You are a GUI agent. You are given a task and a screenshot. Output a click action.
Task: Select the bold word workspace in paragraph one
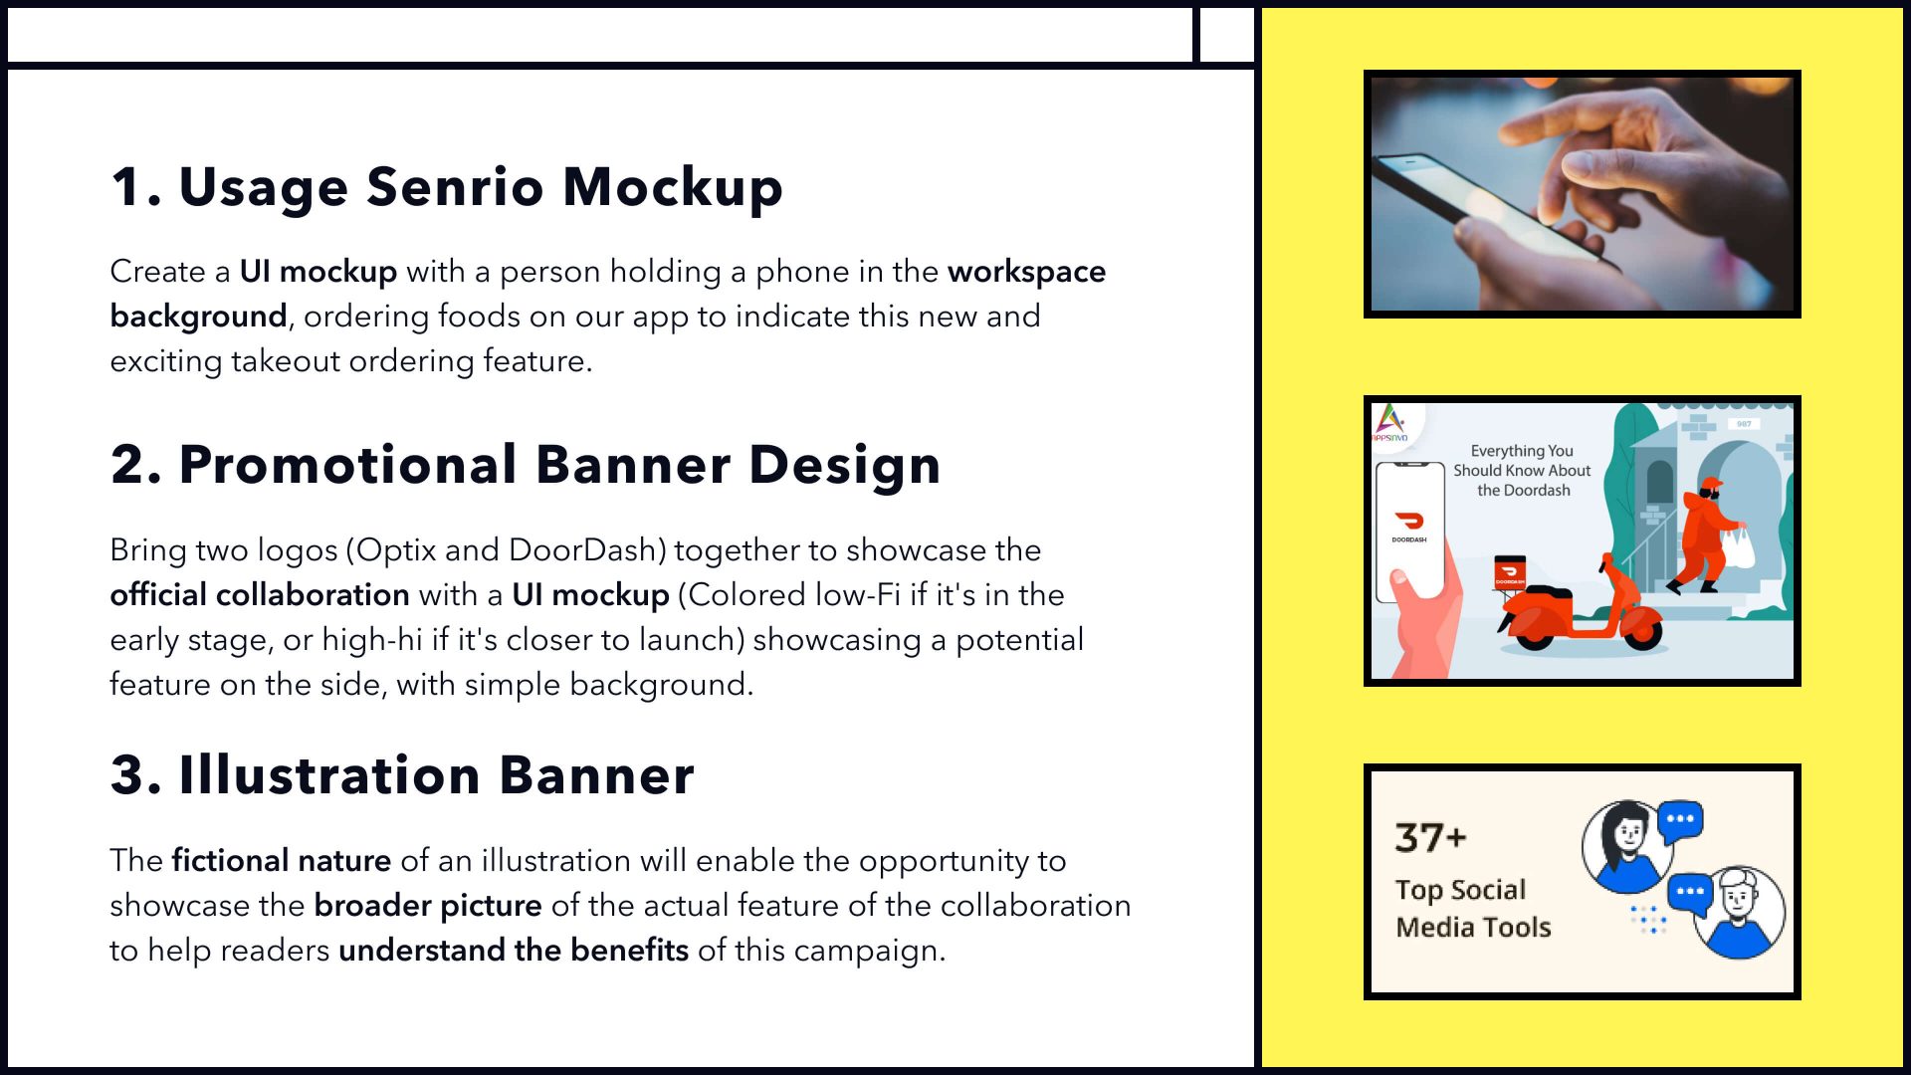1026,272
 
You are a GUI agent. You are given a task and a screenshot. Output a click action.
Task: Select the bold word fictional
230,860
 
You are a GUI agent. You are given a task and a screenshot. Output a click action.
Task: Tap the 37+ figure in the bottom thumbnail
1430,837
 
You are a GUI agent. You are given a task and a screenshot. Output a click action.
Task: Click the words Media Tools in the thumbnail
1473,927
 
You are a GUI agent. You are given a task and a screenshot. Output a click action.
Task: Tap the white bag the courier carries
1739,547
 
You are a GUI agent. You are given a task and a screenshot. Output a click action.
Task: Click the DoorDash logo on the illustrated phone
1409,521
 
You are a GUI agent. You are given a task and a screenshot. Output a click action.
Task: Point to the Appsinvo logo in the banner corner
1390,423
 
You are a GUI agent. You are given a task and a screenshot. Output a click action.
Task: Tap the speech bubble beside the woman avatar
1680,821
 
